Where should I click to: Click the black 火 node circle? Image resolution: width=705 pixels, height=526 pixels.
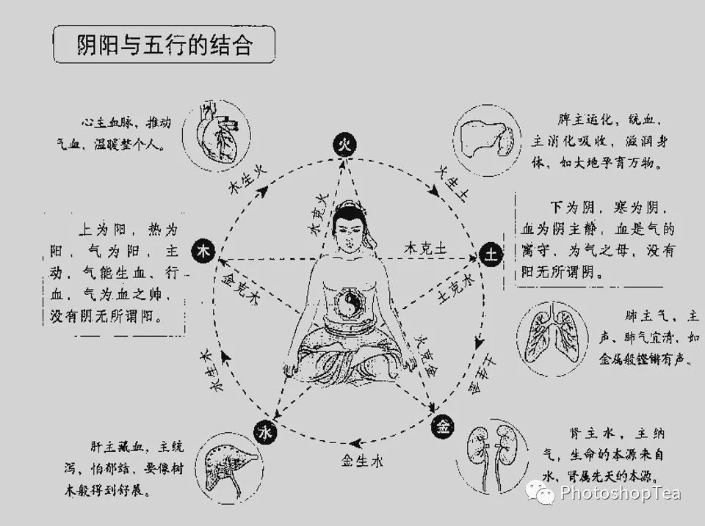(x=343, y=145)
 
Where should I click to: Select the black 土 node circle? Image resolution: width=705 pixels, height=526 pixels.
(x=490, y=255)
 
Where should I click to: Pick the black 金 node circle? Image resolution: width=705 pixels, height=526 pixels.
(x=443, y=424)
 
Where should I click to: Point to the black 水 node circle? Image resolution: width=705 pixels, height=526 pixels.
(x=264, y=432)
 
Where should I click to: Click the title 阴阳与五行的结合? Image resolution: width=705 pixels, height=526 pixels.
(x=164, y=45)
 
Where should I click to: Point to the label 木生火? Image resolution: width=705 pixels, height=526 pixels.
(x=248, y=177)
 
